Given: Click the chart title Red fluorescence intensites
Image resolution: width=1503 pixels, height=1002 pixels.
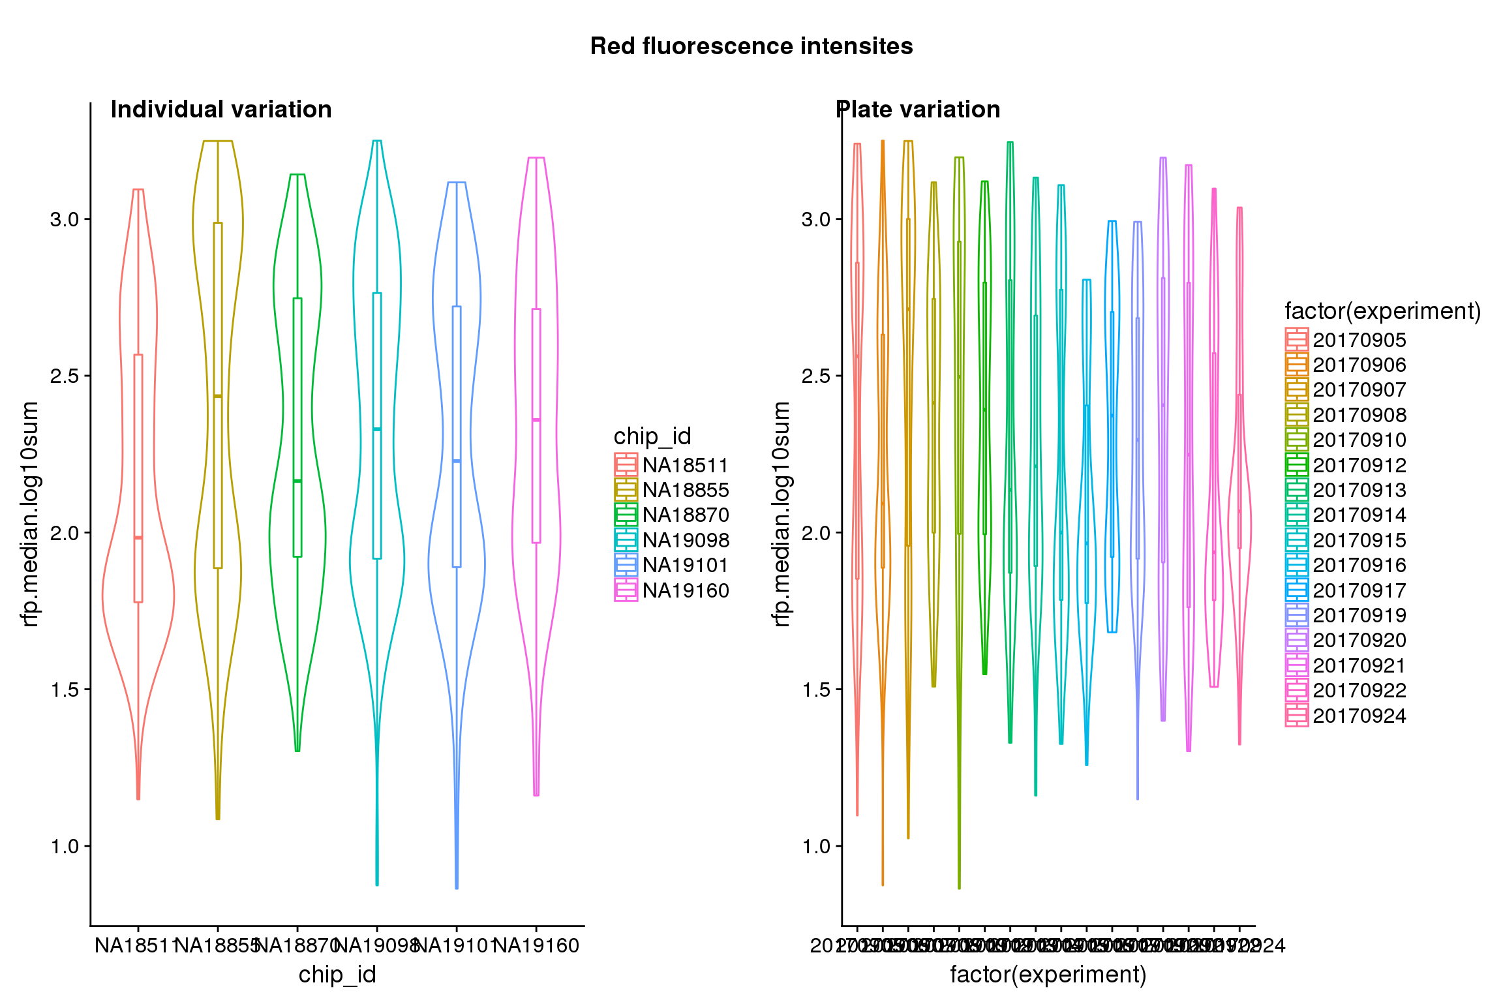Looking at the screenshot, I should coord(751,46).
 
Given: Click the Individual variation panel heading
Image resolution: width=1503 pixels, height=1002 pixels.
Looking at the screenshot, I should coord(221,110).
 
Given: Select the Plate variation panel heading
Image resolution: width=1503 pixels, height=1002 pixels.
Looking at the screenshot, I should coord(918,110).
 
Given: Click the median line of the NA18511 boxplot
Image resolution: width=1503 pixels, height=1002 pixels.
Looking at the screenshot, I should coord(138,538).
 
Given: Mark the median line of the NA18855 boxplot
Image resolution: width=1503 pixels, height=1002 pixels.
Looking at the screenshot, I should coord(218,396).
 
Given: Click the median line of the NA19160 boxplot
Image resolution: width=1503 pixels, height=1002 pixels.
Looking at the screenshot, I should coord(536,420).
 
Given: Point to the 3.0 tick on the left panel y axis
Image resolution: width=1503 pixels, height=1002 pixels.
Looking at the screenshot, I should coord(65,219).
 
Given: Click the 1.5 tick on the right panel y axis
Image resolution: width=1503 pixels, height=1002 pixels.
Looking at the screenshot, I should coord(816,690).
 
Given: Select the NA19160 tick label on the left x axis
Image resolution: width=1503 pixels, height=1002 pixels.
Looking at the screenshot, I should coord(536,945).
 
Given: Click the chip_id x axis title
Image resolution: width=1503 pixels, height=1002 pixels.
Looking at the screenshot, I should coord(337,975).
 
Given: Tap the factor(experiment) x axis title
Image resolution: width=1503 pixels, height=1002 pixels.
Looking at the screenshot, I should coord(1048,975).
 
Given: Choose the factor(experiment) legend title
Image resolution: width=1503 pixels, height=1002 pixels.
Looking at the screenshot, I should coord(1382,311).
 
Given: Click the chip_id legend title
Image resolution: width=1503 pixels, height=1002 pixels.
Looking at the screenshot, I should coord(652,436).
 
